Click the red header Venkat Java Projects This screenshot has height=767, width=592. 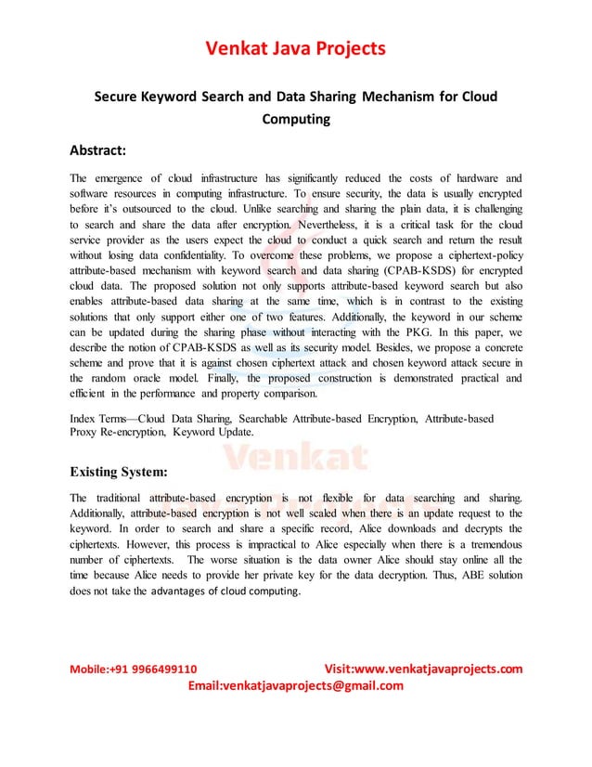[x=296, y=47]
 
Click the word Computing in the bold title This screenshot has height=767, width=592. [x=296, y=119]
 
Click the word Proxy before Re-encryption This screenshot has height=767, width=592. [x=86, y=433]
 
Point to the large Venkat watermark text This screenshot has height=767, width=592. [x=296, y=455]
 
